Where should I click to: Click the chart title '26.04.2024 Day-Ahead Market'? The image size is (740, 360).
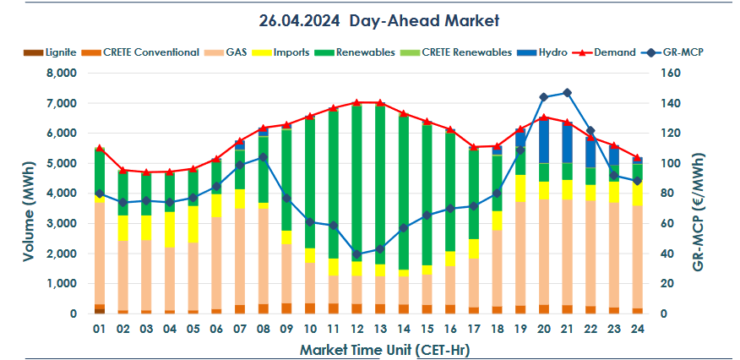pos(370,18)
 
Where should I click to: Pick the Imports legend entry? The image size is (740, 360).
pos(290,52)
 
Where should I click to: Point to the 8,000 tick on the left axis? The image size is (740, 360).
pos(60,74)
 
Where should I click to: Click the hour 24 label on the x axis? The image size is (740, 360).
pos(636,327)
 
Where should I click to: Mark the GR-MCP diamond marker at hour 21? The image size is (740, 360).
pos(566,93)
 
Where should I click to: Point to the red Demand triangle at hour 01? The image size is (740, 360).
pos(100,148)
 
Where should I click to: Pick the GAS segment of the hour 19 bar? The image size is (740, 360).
pos(520,254)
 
